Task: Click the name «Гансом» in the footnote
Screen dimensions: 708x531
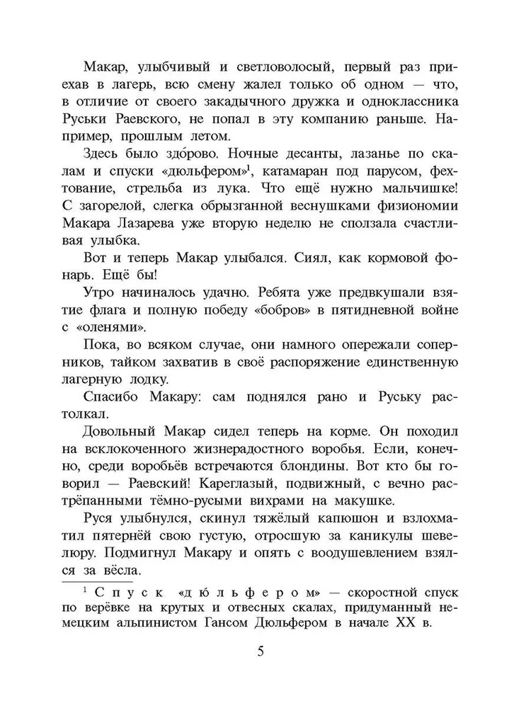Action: [232, 624]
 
